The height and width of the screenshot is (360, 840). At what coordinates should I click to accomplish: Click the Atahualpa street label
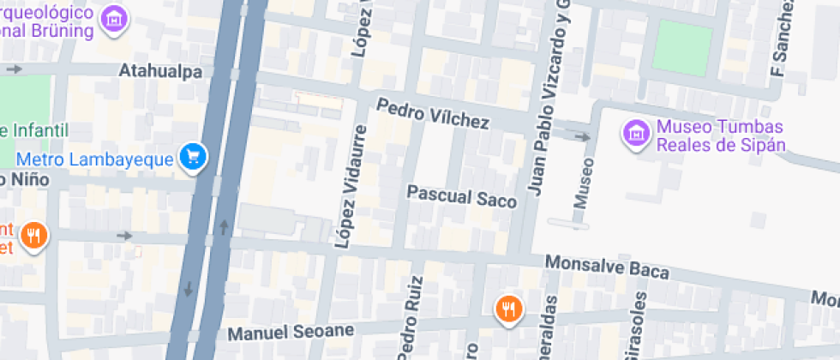pos(161,71)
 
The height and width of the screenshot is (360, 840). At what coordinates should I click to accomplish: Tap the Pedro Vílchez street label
pos(433,115)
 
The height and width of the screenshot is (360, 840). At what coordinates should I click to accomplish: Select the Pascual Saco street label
pos(462,196)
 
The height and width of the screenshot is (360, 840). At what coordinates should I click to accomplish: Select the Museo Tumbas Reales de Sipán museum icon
pos(636,133)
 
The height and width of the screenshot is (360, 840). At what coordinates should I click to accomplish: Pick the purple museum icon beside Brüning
pos(114,17)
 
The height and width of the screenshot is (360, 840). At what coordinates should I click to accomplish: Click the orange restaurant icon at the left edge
pos(33,235)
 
